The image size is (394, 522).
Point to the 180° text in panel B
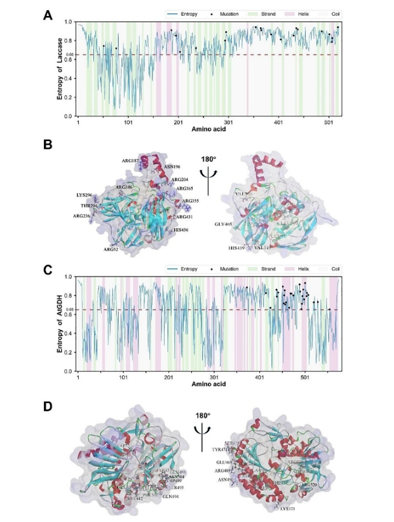click(201, 148)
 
